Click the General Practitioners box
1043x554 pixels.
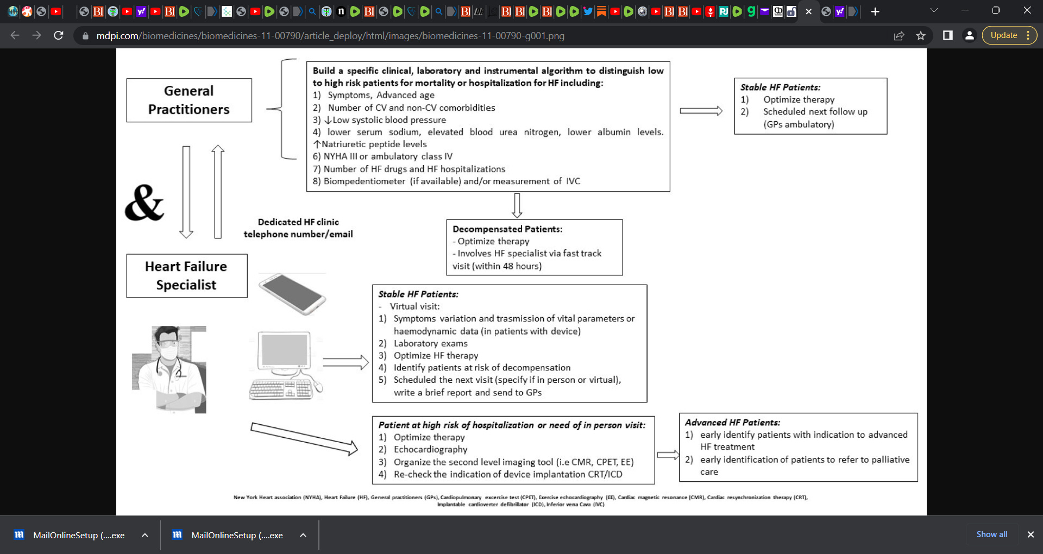coord(189,100)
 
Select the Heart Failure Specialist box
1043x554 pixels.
coord(186,275)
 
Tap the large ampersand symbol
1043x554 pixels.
coord(144,203)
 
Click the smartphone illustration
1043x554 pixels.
coord(292,294)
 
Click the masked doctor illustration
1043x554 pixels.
coord(169,369)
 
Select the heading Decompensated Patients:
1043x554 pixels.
coord(507,229)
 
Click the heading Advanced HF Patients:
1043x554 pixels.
coord(732,423)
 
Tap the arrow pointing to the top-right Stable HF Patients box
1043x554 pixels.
coord(701,111)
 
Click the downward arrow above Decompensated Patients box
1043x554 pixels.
coord(517,205)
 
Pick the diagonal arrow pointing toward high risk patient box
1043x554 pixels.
coord(304,438)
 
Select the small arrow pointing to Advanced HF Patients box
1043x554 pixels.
coord(668,455)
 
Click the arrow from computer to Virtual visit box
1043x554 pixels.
coord(345,362)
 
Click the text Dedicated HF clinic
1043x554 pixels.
coord(298,222)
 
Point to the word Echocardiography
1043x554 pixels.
coord(430,450)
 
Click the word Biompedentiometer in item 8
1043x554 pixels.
coord(364,181)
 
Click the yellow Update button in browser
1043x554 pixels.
coord(1003,35)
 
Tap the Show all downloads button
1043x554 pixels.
coord(991,534)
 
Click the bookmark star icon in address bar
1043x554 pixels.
coord(920,36)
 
